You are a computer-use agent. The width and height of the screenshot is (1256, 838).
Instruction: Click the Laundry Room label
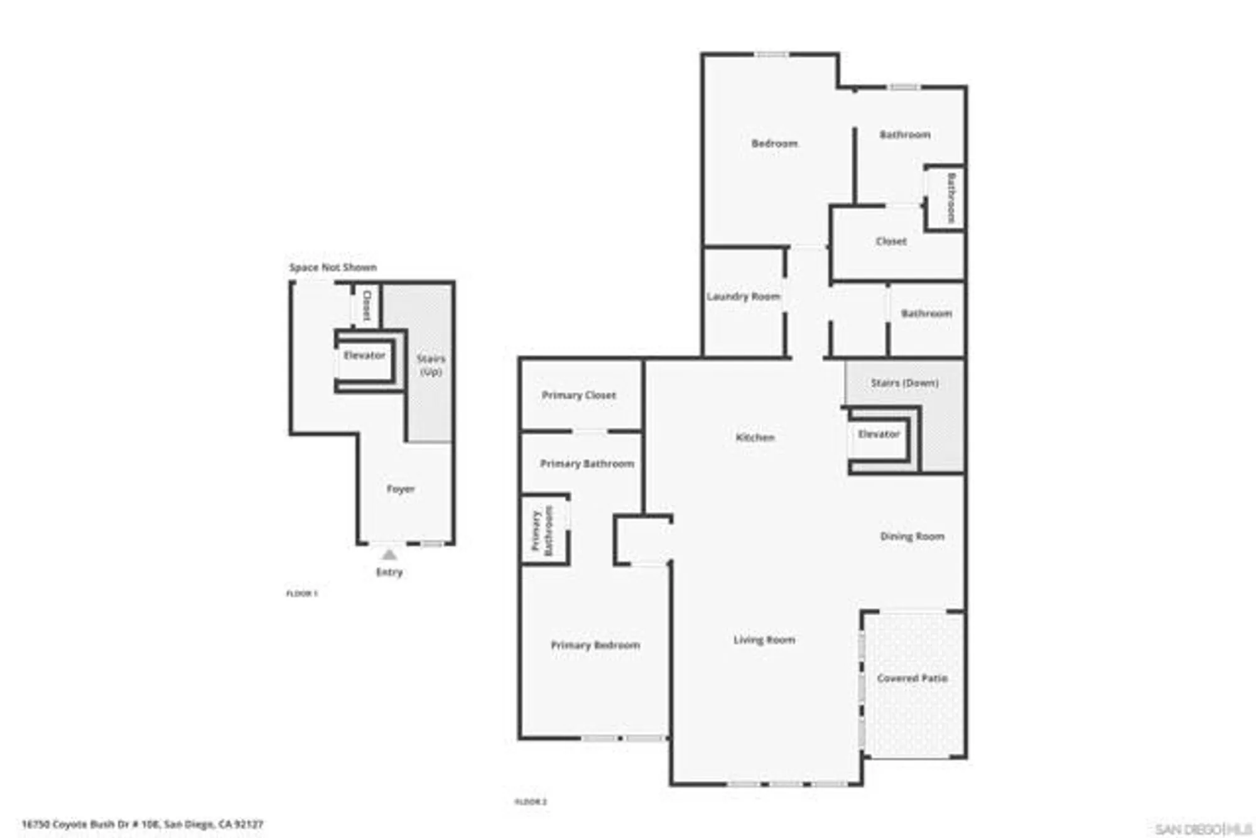point(743,297)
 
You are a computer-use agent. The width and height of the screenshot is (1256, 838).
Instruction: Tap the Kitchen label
point(755,437)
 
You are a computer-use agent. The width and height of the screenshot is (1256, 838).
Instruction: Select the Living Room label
point(764,640)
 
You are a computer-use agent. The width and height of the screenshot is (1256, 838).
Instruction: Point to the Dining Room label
point(912,536)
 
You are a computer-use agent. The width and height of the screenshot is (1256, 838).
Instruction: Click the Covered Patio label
point(912,678)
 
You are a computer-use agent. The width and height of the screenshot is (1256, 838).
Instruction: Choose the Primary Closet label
point(578,395)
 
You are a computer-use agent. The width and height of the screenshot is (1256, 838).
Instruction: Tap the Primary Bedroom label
point(595,645)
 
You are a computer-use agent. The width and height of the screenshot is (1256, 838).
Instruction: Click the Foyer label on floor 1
point(401,489)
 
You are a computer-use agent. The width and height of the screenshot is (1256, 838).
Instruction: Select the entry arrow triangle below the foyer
point(389,555)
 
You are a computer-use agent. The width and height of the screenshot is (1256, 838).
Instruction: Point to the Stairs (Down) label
point(904,383)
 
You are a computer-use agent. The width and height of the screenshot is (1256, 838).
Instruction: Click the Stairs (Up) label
point(431,365)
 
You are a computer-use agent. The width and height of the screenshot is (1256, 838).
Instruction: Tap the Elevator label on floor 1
point(364,356)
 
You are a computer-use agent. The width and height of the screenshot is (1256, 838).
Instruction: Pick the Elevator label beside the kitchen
point(879,434)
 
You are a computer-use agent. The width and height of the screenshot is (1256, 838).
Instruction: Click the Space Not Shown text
point(333,268)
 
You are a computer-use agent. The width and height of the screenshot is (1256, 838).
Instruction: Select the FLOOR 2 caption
point(531,802)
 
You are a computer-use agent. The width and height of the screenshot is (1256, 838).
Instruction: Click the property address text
point(143,824)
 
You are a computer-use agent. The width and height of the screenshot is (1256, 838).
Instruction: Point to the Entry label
point(389,572)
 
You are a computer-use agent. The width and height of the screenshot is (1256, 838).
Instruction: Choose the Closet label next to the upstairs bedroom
point(891,241)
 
